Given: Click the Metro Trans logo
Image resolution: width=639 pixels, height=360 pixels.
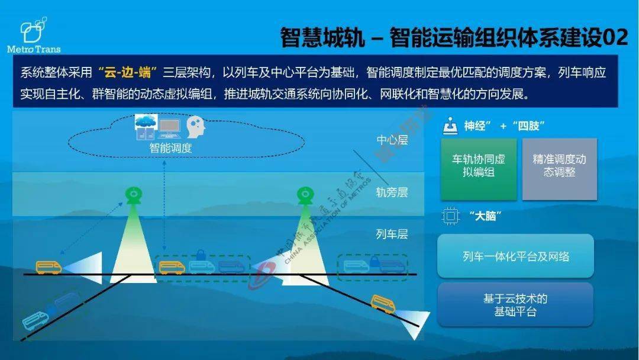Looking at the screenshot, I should [34, 35].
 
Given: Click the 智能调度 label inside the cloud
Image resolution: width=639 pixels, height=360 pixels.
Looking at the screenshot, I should [170, 148].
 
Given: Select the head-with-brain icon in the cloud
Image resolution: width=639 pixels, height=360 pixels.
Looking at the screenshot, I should [195, 126].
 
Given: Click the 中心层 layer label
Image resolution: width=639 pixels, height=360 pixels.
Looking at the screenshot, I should [392, 140].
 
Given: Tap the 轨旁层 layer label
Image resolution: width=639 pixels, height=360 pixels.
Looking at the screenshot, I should [392, 192].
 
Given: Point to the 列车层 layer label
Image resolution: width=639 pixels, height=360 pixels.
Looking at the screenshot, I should [392, 234].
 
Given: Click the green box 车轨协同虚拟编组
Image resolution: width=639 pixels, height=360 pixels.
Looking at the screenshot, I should [478, 168].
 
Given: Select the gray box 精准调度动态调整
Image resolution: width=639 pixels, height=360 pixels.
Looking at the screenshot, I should [559, 168].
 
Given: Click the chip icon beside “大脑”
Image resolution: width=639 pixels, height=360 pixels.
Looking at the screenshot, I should [450, 216].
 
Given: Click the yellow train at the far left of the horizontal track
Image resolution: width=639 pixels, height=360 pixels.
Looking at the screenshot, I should [49, 267].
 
